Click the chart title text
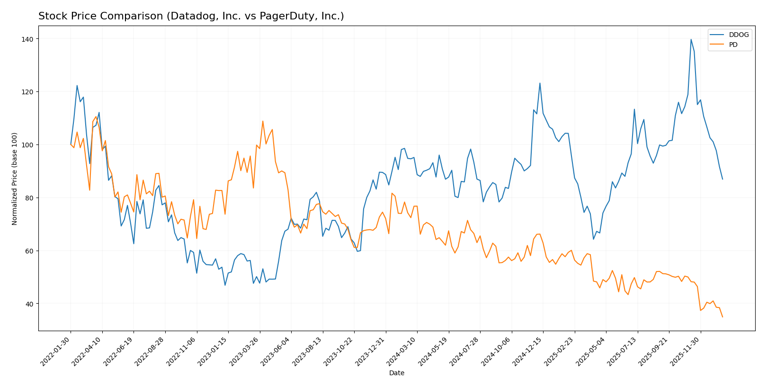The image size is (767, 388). (191, 16)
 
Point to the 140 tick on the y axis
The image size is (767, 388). (29, 39)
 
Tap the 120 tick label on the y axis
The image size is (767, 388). (29, 92)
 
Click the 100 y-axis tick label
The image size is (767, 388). (29, 145)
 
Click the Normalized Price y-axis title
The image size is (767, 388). (15, 179)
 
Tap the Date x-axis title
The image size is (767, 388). (396, 373)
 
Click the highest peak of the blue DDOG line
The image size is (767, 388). (691, 39)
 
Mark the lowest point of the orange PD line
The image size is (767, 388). (722, 317)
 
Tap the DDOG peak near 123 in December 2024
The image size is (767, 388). (540, 83)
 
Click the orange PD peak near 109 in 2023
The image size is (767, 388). (263, 121)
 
